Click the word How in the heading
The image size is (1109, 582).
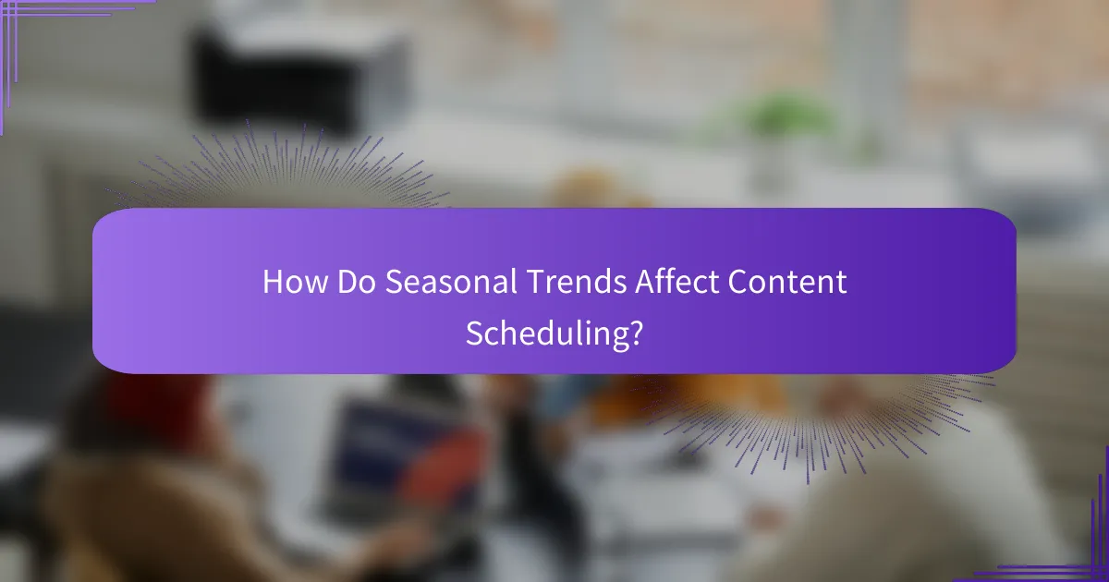click(x=295, y=282)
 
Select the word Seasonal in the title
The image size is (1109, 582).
click(x=451, y=282)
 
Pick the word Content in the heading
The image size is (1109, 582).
click(x=787, y=282)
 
